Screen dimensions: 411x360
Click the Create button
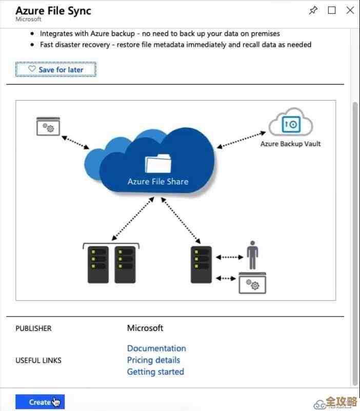[x=39, y=402]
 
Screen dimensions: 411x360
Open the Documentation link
[x=156, y=348]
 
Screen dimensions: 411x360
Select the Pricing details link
[x=153, y=360]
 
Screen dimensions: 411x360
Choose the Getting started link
[x=155, y=372]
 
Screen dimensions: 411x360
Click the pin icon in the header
[x=313, y=10]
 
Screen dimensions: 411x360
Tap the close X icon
[x=350, y=10]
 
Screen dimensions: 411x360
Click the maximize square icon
[x=332, y=10]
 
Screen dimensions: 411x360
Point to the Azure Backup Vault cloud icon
[x=290, y=123]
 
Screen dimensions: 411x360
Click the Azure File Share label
[x=158, y=182]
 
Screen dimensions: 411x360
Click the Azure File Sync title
[x=53, y=11]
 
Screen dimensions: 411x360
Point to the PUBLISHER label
[x=33, y=328]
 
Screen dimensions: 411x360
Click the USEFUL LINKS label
[x=38, y=361]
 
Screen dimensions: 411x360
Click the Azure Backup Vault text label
[x=290, y=144]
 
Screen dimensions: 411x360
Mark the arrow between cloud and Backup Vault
[x=241, y=140]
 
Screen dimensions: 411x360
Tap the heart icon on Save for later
[x=32, y=69]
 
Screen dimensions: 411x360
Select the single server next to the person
[x=201, y=264]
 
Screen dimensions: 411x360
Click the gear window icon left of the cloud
[x=48, y=126]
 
